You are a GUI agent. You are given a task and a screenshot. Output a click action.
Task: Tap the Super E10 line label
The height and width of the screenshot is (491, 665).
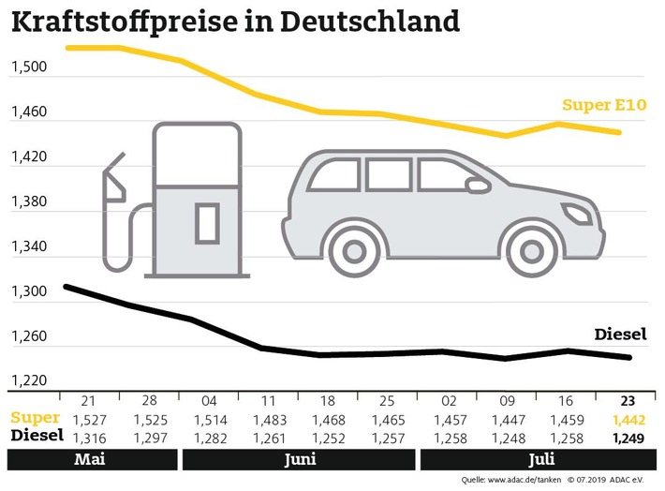pos(604,105)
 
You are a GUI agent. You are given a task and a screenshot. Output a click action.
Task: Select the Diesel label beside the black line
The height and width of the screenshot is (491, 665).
pos(621,334)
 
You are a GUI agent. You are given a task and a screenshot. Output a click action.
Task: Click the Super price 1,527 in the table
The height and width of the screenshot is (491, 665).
pos(90,419)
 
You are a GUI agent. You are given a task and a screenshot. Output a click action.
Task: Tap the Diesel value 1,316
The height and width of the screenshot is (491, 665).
pos(90,436)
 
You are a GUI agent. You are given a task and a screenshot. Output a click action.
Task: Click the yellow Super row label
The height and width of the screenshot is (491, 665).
pos(36,418)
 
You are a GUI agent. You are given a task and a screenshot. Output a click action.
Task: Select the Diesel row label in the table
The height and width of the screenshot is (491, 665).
pos(37,436)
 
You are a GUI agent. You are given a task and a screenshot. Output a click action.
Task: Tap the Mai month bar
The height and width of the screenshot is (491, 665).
pos(90,460)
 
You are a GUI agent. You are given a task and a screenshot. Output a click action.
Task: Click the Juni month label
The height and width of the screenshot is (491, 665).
pos(297,460)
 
